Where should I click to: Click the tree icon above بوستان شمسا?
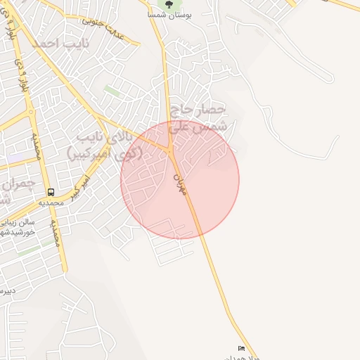coord(168,4)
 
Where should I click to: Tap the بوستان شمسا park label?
coord(167,15)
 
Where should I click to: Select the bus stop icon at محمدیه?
coord(51,191)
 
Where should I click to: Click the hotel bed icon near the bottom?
coord(242,348)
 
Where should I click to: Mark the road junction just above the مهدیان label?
coord(169,150)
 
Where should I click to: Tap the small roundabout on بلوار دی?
coord(30,111)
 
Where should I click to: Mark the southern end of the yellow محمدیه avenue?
coord(65,270)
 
